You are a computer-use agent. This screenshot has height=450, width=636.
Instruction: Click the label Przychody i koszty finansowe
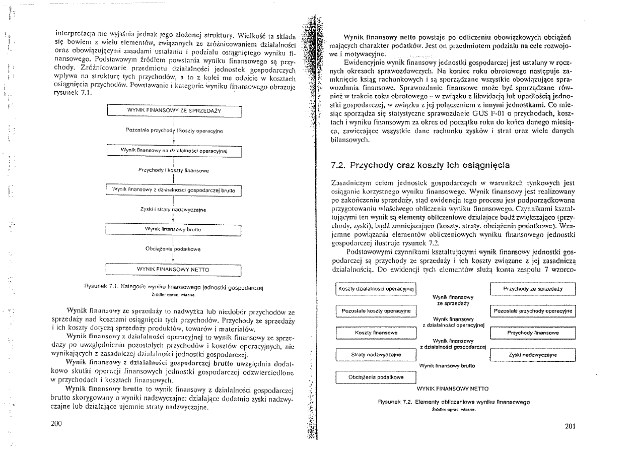(174, 171)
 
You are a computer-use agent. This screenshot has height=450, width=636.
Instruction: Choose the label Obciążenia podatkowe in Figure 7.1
(173, 249)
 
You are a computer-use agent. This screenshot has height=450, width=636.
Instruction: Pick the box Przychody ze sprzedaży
(533, 289)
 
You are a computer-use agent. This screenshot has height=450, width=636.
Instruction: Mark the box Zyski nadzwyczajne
(533, 355)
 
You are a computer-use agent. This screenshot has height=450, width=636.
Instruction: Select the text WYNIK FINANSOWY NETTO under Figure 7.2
(453, 389)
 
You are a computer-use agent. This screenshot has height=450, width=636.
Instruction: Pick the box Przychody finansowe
(533, 333)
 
